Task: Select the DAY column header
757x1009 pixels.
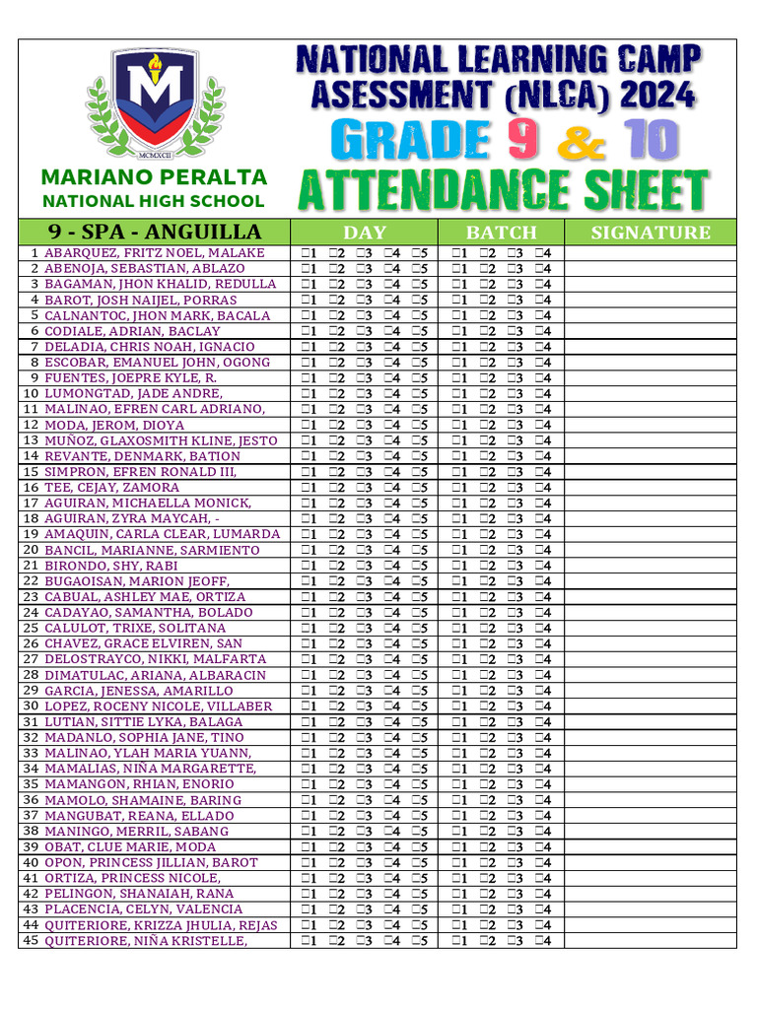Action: tap(364, 233)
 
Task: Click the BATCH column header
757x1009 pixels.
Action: tap(501, 233)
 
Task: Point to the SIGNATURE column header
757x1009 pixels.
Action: tap(650, 233)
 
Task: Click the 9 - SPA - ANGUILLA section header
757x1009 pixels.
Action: tap(155, 233)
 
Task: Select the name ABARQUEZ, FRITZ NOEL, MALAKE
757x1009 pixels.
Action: tap(155, 253)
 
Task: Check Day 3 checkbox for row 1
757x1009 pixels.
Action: tap(361, 253)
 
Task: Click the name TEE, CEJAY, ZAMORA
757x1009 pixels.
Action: tap(111, 488)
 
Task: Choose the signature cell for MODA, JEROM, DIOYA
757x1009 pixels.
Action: tap(650, 425)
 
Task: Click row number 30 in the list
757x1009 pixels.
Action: tap(30, 706)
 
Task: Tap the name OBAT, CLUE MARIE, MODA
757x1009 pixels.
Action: tap(130, 847)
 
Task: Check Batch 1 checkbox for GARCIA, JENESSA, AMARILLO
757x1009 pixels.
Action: tap(456, 691)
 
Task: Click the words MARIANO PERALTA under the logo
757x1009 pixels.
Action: tap(154, 177)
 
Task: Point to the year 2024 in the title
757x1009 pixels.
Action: tap(654, 96)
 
